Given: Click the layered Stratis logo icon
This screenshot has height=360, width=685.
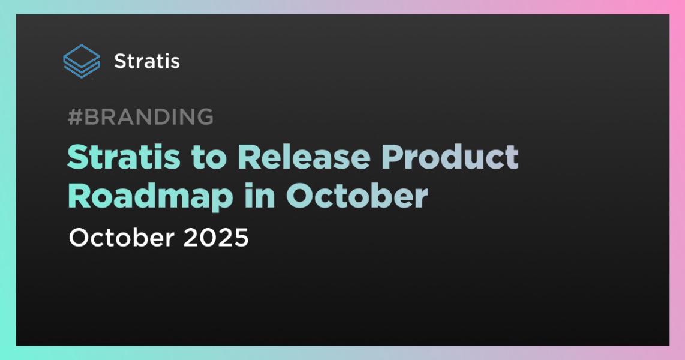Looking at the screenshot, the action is [x=82, y=61].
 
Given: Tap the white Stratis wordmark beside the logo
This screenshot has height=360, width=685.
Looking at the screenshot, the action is [x=147, y=61].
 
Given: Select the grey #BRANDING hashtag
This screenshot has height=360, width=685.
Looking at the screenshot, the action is [x=141, y=116].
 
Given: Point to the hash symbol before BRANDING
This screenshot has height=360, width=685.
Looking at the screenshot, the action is [x=75, y=116].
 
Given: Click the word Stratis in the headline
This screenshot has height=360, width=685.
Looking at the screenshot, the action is [x=124, y=157].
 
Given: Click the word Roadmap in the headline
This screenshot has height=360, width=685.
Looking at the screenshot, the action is [x=151, y=197].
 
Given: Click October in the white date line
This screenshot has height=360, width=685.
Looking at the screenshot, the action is [x=121, y=238].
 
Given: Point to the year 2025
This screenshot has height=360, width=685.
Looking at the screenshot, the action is [x=215, y=238].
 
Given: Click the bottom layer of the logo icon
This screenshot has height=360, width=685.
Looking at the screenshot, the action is [x=82, y=72].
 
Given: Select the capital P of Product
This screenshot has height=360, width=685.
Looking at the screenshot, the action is [x=392, y=157].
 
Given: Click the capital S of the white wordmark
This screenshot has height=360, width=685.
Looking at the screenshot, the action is [x=120, y=61].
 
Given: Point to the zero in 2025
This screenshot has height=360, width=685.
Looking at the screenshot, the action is [x=208, y=238].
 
